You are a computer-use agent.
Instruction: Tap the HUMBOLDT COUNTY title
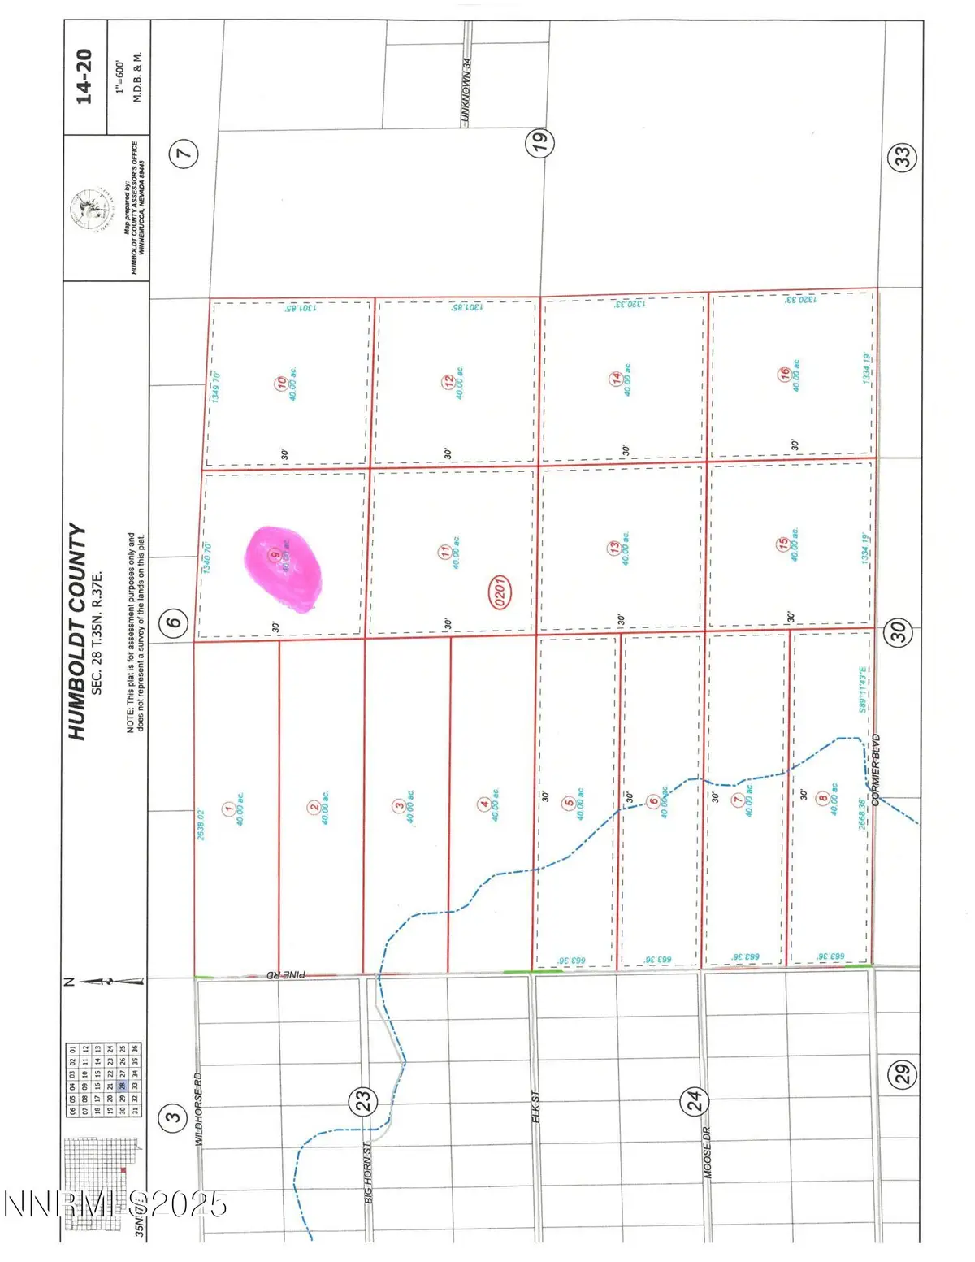point(77,631)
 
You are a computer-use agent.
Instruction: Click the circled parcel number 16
point(785,374)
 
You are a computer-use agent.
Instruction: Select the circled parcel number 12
point(448,382)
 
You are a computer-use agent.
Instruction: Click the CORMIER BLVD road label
point(876,770)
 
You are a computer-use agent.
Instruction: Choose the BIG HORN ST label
point(368,1173)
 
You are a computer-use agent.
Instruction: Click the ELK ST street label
point(535,1107)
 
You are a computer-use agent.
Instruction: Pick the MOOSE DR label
point(706,1152)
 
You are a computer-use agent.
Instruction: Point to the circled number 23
point(363,1100)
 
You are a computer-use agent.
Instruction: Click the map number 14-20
point(84,76)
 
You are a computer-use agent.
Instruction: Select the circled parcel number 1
point(230,809)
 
